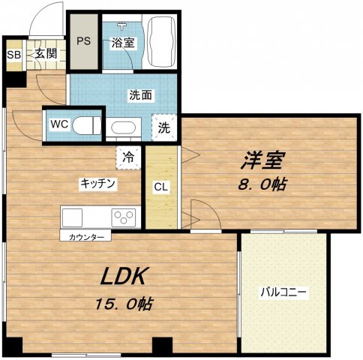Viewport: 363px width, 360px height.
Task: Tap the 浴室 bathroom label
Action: point(124,42)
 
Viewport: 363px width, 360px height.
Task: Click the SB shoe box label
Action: point(13,54)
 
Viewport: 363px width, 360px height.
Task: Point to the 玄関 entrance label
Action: point(40,54)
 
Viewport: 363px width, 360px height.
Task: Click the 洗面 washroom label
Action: point(141,96)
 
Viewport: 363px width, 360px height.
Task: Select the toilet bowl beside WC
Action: point(87,124)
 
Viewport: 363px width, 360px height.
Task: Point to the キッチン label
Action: point(97,183)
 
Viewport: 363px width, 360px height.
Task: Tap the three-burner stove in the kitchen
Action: point(122,217)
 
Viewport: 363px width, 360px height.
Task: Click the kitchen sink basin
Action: point(73,217)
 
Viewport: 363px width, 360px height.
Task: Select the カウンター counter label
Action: point(85,237)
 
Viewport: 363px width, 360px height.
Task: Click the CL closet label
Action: point(161,187)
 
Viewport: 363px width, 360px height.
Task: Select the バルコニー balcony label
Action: point(284,292)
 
